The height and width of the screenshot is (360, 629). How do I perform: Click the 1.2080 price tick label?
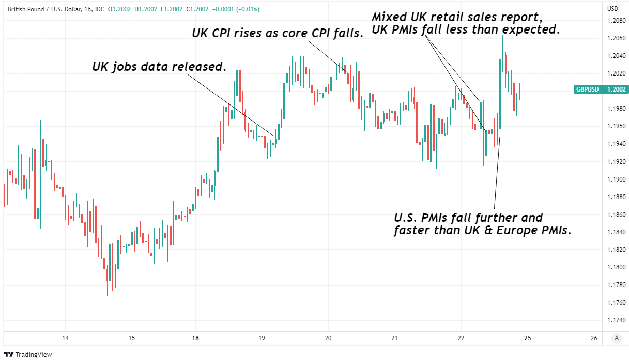[616, 21]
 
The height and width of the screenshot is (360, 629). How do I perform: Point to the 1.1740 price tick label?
[616, 320]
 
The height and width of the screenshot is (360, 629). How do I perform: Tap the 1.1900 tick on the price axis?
[616, 179]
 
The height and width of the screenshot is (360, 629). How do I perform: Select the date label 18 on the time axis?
[195, 338]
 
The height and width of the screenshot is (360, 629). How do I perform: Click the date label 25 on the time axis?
[527, 338]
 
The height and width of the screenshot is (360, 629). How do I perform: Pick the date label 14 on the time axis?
[65, 338]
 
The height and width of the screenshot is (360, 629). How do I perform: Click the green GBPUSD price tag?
[588, 89]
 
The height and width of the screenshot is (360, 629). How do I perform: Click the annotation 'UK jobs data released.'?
[159, 67]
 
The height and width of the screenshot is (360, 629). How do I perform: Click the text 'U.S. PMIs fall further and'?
[468, 217]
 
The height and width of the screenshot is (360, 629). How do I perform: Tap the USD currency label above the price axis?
[612, 9]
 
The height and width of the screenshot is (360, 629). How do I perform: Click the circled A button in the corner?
[615, 338]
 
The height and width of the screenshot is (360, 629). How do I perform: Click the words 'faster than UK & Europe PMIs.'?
[483, 231]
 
